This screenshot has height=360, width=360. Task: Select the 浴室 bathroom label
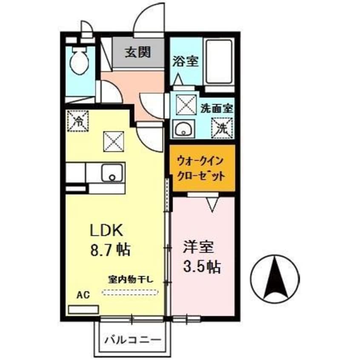185,61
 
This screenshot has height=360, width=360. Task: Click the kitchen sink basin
112,173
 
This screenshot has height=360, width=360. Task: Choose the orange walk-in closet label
200,169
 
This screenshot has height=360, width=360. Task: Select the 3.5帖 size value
201,267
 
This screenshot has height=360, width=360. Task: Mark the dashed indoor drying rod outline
131,292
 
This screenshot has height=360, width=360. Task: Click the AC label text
83,295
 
